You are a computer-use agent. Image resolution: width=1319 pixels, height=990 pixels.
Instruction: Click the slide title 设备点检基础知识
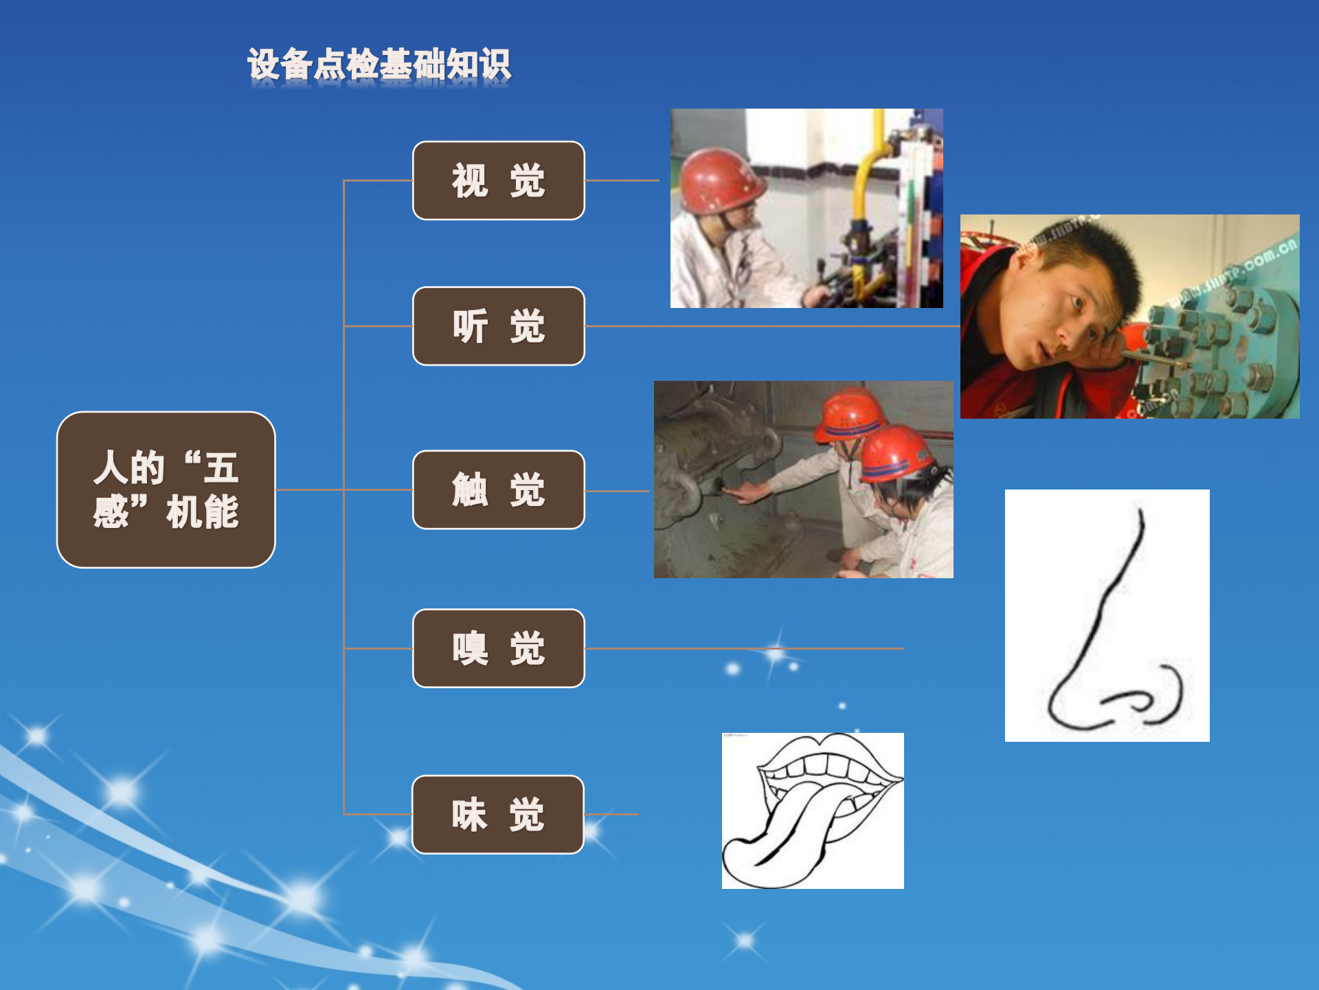point(379,65)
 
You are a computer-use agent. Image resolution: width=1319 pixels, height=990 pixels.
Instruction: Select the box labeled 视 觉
point(498,181)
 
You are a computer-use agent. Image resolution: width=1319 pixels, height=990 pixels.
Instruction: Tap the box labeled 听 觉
point(498,326)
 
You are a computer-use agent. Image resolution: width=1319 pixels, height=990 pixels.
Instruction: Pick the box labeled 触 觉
point(498,489)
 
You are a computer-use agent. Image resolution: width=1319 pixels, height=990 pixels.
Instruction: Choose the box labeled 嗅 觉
point(498,648)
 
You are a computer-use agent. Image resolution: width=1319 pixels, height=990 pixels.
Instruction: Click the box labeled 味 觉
point(497,815)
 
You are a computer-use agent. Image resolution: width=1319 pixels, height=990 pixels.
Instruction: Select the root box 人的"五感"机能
point(166,489)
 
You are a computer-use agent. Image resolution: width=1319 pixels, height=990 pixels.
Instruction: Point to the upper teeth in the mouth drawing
point(828,767)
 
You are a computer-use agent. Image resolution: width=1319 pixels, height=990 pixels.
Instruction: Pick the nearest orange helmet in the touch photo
point(897,454)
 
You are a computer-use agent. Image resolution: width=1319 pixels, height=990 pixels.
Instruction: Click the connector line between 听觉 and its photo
point(773,326)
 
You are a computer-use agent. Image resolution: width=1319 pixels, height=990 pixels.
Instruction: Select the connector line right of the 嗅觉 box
point(744,648)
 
